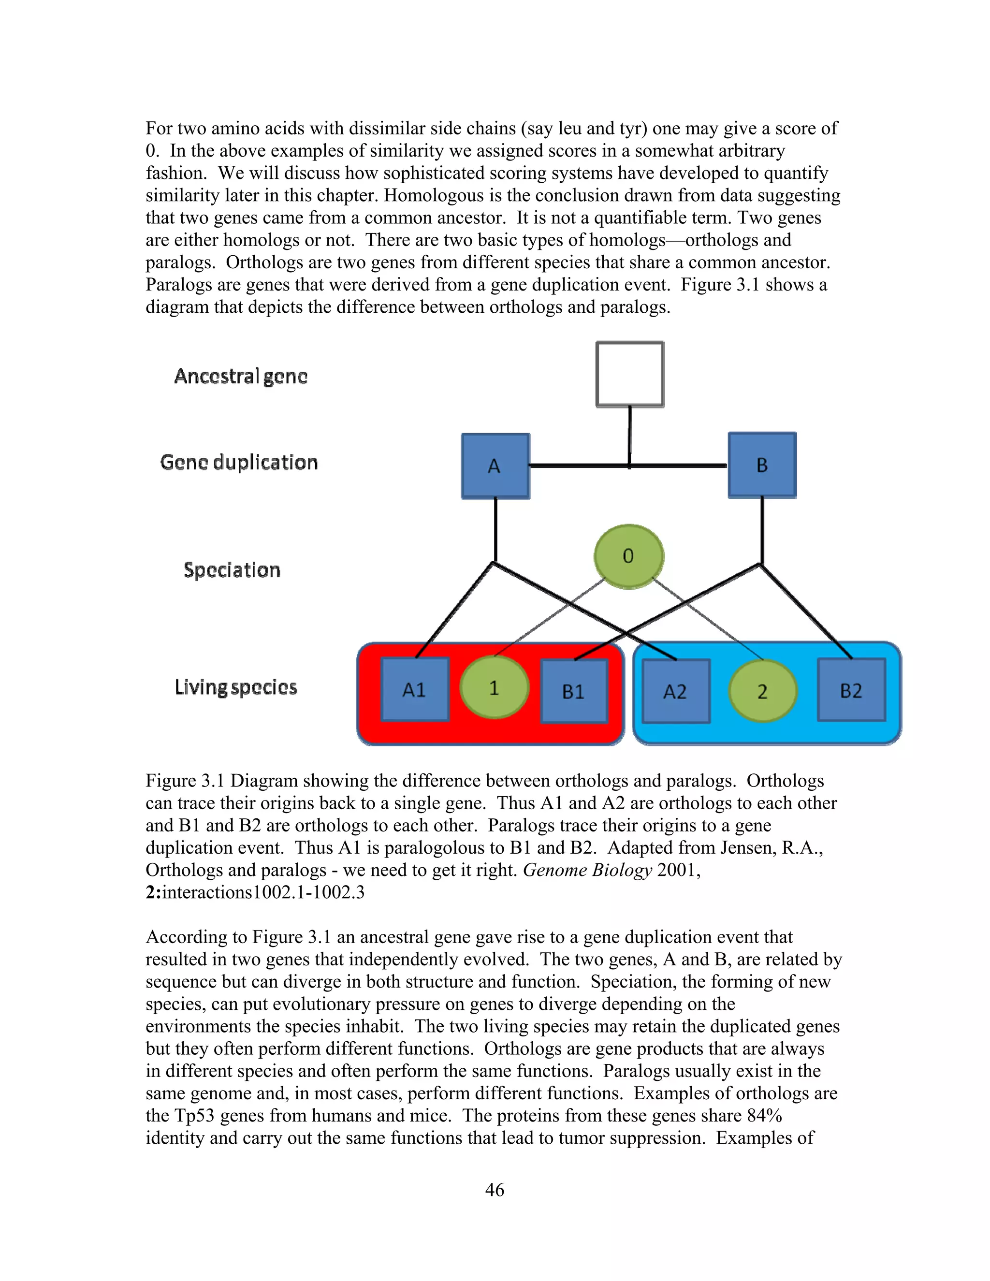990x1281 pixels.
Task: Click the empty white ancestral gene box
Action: (x=630, y=374)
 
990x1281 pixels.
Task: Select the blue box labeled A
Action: (x=495, y=466)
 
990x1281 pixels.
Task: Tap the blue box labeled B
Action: (x=762, y=465)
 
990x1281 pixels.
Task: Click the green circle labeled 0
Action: (x=629, y=556)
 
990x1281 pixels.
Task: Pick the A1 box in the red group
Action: (x=415, y=690)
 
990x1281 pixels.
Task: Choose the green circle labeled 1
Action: (x=494, y=687)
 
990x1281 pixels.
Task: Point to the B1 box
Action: (x=574, y=691)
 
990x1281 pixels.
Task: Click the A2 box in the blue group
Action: (x=676, y=691)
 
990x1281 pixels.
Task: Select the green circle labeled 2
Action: (x=762, y=691)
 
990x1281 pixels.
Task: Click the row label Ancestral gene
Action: (x=240, y=376)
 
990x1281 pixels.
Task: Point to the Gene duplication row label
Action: (x=239, y=462)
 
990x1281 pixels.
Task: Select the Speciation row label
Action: (x=232, y=569)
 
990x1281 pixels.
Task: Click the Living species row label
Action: (x=236, y=687)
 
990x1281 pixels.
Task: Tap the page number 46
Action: (x=495, y=1190)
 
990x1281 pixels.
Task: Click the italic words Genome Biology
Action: (x=587, y=870)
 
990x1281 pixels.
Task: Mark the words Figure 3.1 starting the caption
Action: (x=185, y=781)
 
